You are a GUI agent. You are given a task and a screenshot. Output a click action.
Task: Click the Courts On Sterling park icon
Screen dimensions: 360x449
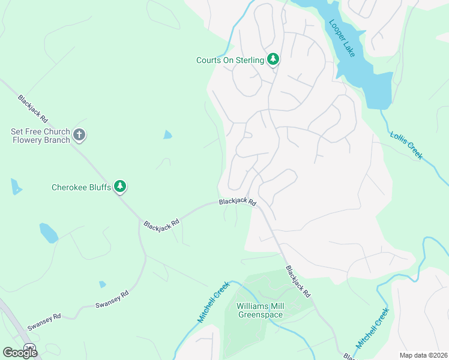[274, 59]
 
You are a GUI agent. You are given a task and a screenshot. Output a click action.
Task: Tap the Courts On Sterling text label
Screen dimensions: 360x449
[230, 60]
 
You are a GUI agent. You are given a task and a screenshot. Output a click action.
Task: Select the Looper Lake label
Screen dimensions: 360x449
[342, 38]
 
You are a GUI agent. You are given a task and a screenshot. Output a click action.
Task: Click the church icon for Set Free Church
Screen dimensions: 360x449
[79, 135]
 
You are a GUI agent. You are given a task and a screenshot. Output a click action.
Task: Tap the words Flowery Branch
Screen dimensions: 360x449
[41, 140]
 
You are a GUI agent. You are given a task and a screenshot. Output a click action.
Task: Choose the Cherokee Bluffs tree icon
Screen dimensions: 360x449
[121, 187]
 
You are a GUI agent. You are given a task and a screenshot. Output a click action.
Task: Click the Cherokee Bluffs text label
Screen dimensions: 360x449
[81, 188]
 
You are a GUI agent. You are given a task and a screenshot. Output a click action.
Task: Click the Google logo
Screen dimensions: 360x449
[20, 352]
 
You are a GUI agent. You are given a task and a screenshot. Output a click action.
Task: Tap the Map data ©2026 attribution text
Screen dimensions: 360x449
[423, 355]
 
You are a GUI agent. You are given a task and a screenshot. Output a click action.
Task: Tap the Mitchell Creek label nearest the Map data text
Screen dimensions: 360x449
[373, 328]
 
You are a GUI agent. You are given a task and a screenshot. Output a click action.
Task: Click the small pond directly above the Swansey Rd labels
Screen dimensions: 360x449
[103, 284]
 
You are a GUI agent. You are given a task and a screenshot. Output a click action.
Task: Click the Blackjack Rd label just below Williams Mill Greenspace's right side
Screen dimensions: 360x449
[298, 282]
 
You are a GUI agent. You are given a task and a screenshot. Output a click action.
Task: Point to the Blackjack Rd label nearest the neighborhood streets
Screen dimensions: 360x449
[238, 202]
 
